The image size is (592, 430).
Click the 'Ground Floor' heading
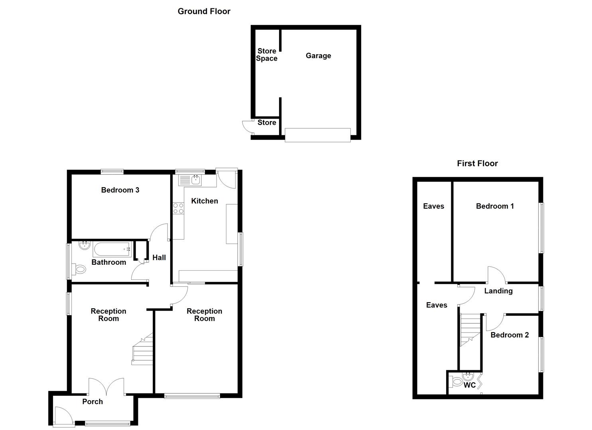pyautogui.click(x=204, y=11)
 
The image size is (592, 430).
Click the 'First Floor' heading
pyautogui.click(x=477, y=163)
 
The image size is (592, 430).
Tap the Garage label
pyautogui.click(x=318, y=56)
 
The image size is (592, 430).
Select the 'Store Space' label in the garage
pyautogui.click(x=267, y=55)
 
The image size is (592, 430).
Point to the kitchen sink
pyautogui.click(x=195, y=180)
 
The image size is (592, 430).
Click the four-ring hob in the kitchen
pyautogui.click(x=178, y=208)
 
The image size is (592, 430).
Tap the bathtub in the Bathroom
pyautogui.click(x=112, y=250)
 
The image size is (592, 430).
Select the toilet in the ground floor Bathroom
pyautogui.click(x=79, y=270)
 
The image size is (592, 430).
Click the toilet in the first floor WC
pyautogui.click(x=455, y=383)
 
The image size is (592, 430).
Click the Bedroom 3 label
pyautogui.click(x=120, y=190)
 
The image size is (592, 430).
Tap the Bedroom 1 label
pyautogui.click(x=495, y=206)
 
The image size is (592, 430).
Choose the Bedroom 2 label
pyautogui.click(x=509, y=335)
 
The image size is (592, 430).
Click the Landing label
pyautogui.click(x=498, y=291)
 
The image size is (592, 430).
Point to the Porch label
pyautogui.click(x=92, y=402)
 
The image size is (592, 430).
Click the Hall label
pyautogui.click(x=159, y=258)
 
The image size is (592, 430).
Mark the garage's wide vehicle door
pyautogui.click(x=318, y=135)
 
